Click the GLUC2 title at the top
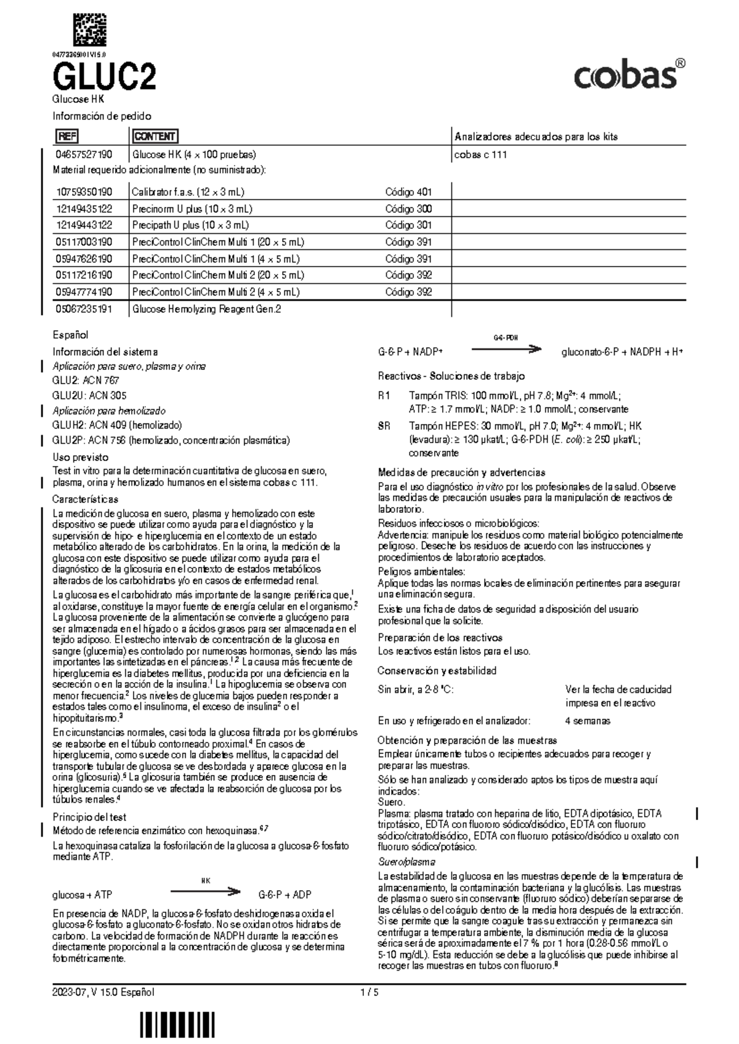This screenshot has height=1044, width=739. pos(104,78)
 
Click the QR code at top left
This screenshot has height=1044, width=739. pos(90,29)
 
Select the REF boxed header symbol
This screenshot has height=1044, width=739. pos(67,137)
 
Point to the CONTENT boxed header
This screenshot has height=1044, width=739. pos(155,137)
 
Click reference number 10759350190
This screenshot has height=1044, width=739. pos(84,192)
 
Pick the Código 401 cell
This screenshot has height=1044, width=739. pos(408,192)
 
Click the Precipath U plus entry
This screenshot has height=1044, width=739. pos(190,225)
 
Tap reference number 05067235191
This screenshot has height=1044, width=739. pos(84,310)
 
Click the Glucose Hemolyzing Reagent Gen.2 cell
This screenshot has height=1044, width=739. pos(206,310)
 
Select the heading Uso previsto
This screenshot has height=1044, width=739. pos(80,457)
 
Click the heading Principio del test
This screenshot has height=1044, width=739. pos(89,817)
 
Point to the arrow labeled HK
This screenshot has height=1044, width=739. pos(204,891)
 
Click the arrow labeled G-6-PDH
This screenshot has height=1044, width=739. pos(506,349)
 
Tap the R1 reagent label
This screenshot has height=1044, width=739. pos(384,396)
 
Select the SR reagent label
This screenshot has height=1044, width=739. pos(384,426)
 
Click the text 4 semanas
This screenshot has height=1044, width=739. pos(588,720)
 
